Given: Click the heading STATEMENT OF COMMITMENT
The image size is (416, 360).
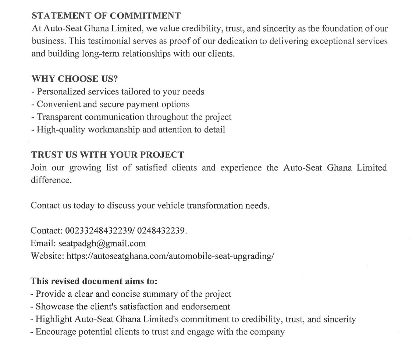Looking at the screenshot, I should click(x=106, y=16).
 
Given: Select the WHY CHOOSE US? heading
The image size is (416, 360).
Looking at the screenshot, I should click(x=71, y=79).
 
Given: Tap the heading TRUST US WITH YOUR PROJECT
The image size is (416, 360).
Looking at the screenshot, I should click(x=107, y=155).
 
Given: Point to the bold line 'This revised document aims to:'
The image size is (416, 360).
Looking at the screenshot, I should click(x=94, y=281).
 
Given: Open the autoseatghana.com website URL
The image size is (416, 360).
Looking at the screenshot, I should click(x=170, y=256).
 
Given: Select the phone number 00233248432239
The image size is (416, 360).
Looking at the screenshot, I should click(x=99, y=231).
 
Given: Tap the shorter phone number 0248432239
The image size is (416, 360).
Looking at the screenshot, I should click(x=162, y=231).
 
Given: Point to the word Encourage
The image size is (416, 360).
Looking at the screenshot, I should click(x=54, y=332).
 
